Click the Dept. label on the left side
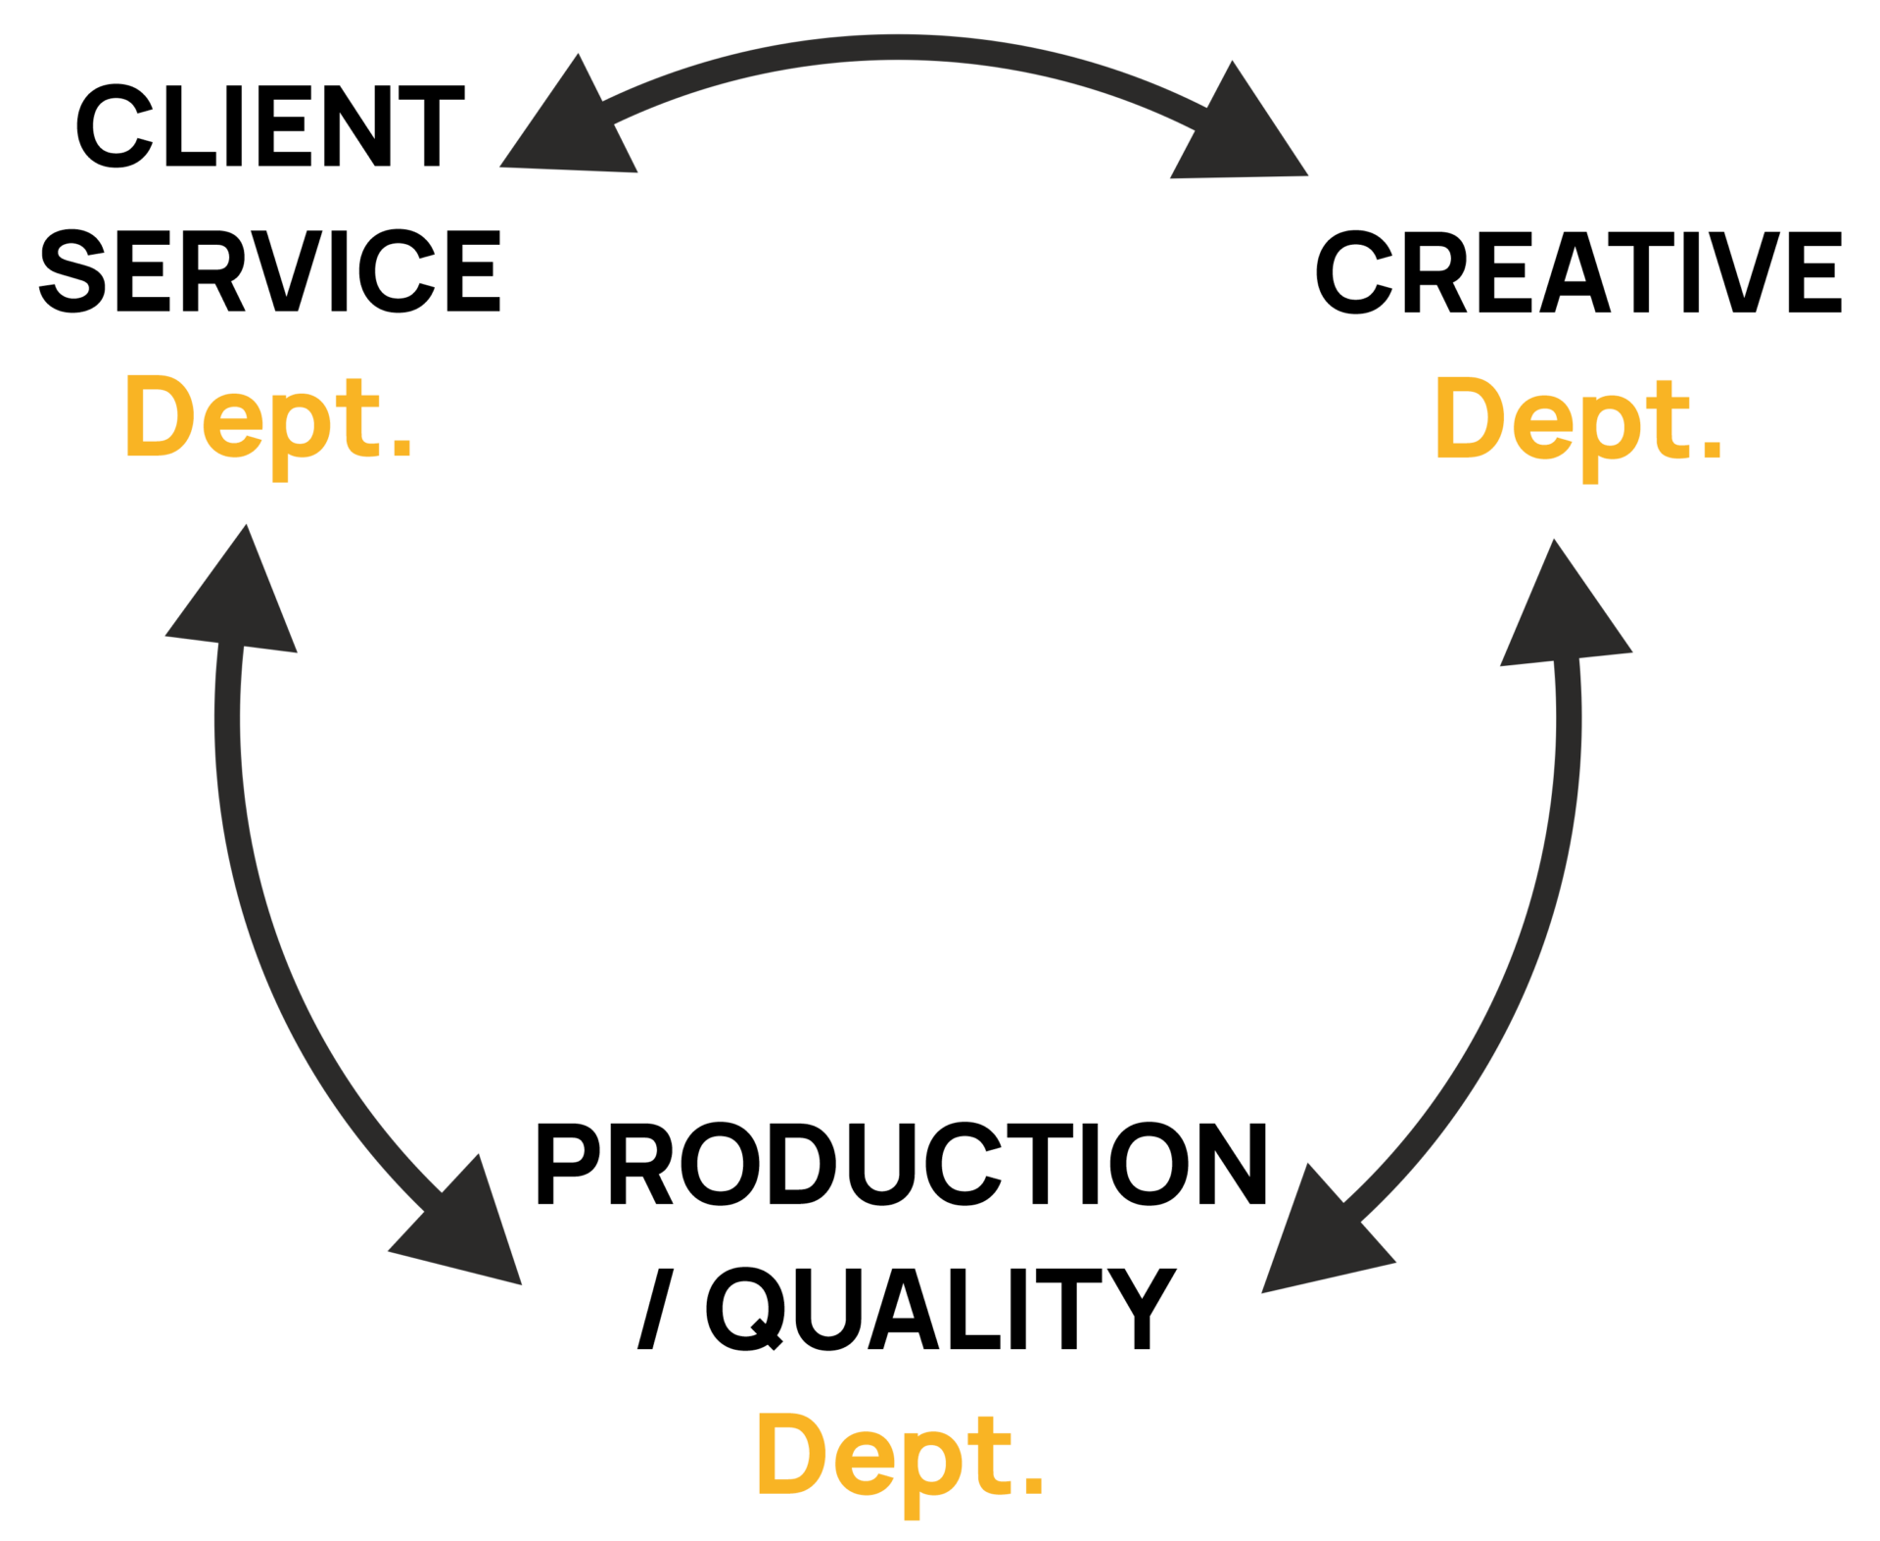coord(267,421)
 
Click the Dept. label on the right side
coord(1576,423)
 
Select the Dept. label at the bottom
coord(899,1460)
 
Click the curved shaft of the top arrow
coord(901,49)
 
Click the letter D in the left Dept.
coord(160,416)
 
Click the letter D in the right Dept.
coord(1469,418)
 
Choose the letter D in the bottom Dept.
coord(791,1455)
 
